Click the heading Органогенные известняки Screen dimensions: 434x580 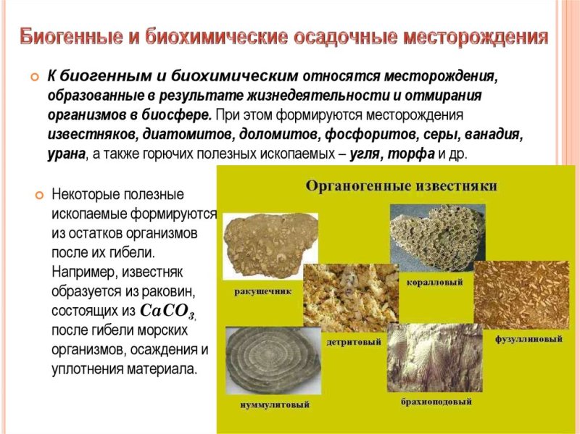tap(401, 186)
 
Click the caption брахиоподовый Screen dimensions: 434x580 tap(436, 401)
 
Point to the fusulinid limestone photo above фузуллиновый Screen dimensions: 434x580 tap(521, 294)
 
